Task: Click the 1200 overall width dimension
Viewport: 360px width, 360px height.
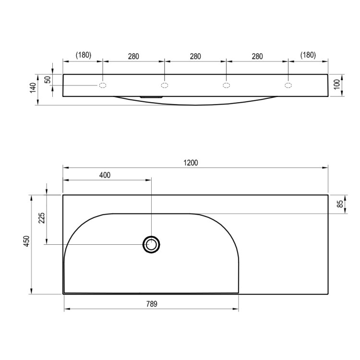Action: (191, 163)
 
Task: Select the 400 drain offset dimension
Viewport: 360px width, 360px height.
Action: (105, 175)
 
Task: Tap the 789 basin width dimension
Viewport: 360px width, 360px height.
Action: (151, 303)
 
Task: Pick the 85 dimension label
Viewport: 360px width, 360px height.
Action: (340, 204)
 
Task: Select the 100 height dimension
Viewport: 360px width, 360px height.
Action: (337, 85)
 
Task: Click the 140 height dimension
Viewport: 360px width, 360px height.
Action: (33, 88)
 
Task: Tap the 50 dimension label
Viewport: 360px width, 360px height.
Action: (48, 80)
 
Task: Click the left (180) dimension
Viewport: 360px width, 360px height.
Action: (83, 55)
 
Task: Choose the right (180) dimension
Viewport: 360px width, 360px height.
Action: (308, 55)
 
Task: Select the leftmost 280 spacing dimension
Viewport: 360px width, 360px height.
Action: (133, 56)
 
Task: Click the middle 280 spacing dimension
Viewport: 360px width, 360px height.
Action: (195, 56)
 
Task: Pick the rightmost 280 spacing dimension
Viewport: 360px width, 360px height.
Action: (257, 56)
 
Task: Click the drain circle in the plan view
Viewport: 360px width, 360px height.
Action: (151, 245)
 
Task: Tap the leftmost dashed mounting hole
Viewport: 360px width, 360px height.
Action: (103, 85)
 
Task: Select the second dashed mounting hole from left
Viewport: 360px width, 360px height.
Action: (164, 85)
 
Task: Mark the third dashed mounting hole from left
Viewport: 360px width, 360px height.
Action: (226, 85)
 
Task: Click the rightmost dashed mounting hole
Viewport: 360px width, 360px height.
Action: (288, 85)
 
